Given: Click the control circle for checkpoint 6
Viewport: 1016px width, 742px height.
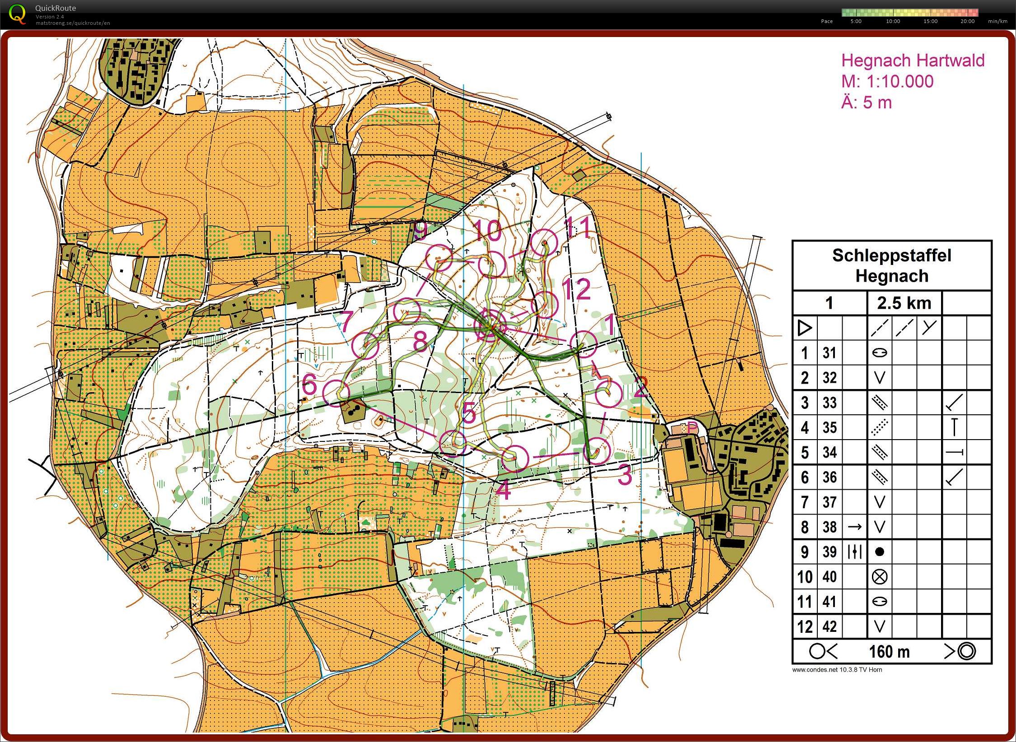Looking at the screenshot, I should [x=337, y=393].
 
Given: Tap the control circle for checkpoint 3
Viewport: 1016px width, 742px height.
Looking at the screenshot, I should [x=597, y=450].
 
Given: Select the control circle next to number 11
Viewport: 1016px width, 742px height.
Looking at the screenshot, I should [x=544, y=243].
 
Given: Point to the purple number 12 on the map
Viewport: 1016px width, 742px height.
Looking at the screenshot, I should [x=576, y=289].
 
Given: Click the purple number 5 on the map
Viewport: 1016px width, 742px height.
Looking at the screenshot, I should [x=469, y=412].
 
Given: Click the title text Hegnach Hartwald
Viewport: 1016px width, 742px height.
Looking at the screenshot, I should [x=912, y=60].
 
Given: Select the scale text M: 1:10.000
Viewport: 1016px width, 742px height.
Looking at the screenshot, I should [x=887, y=82].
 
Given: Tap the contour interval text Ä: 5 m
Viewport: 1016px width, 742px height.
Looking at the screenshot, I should [x=867, y=103].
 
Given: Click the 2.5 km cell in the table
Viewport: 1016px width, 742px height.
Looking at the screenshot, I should [x=904, y=303].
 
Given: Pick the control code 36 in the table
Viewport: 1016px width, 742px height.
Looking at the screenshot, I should [x=829, y=477].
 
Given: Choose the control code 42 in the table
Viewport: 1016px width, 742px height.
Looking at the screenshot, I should [x=829, y=626].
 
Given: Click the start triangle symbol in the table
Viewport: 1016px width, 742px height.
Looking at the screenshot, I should [x=804, y=328].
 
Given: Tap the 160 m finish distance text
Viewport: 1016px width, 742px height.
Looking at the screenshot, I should [x=889, y=652].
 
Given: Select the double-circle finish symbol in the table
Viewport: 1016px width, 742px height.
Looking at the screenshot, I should [x=966, y=651].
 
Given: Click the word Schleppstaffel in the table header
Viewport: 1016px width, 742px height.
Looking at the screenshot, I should [x=891, y=255].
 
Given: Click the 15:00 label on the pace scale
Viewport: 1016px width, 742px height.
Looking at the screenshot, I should [x=930, y=21].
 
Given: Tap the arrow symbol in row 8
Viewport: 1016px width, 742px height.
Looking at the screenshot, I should [x=854, y=527].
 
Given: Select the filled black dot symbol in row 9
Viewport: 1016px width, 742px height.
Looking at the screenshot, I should [x=879, y=552].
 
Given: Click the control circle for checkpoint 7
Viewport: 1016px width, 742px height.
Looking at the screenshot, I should [x=365, y=346].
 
